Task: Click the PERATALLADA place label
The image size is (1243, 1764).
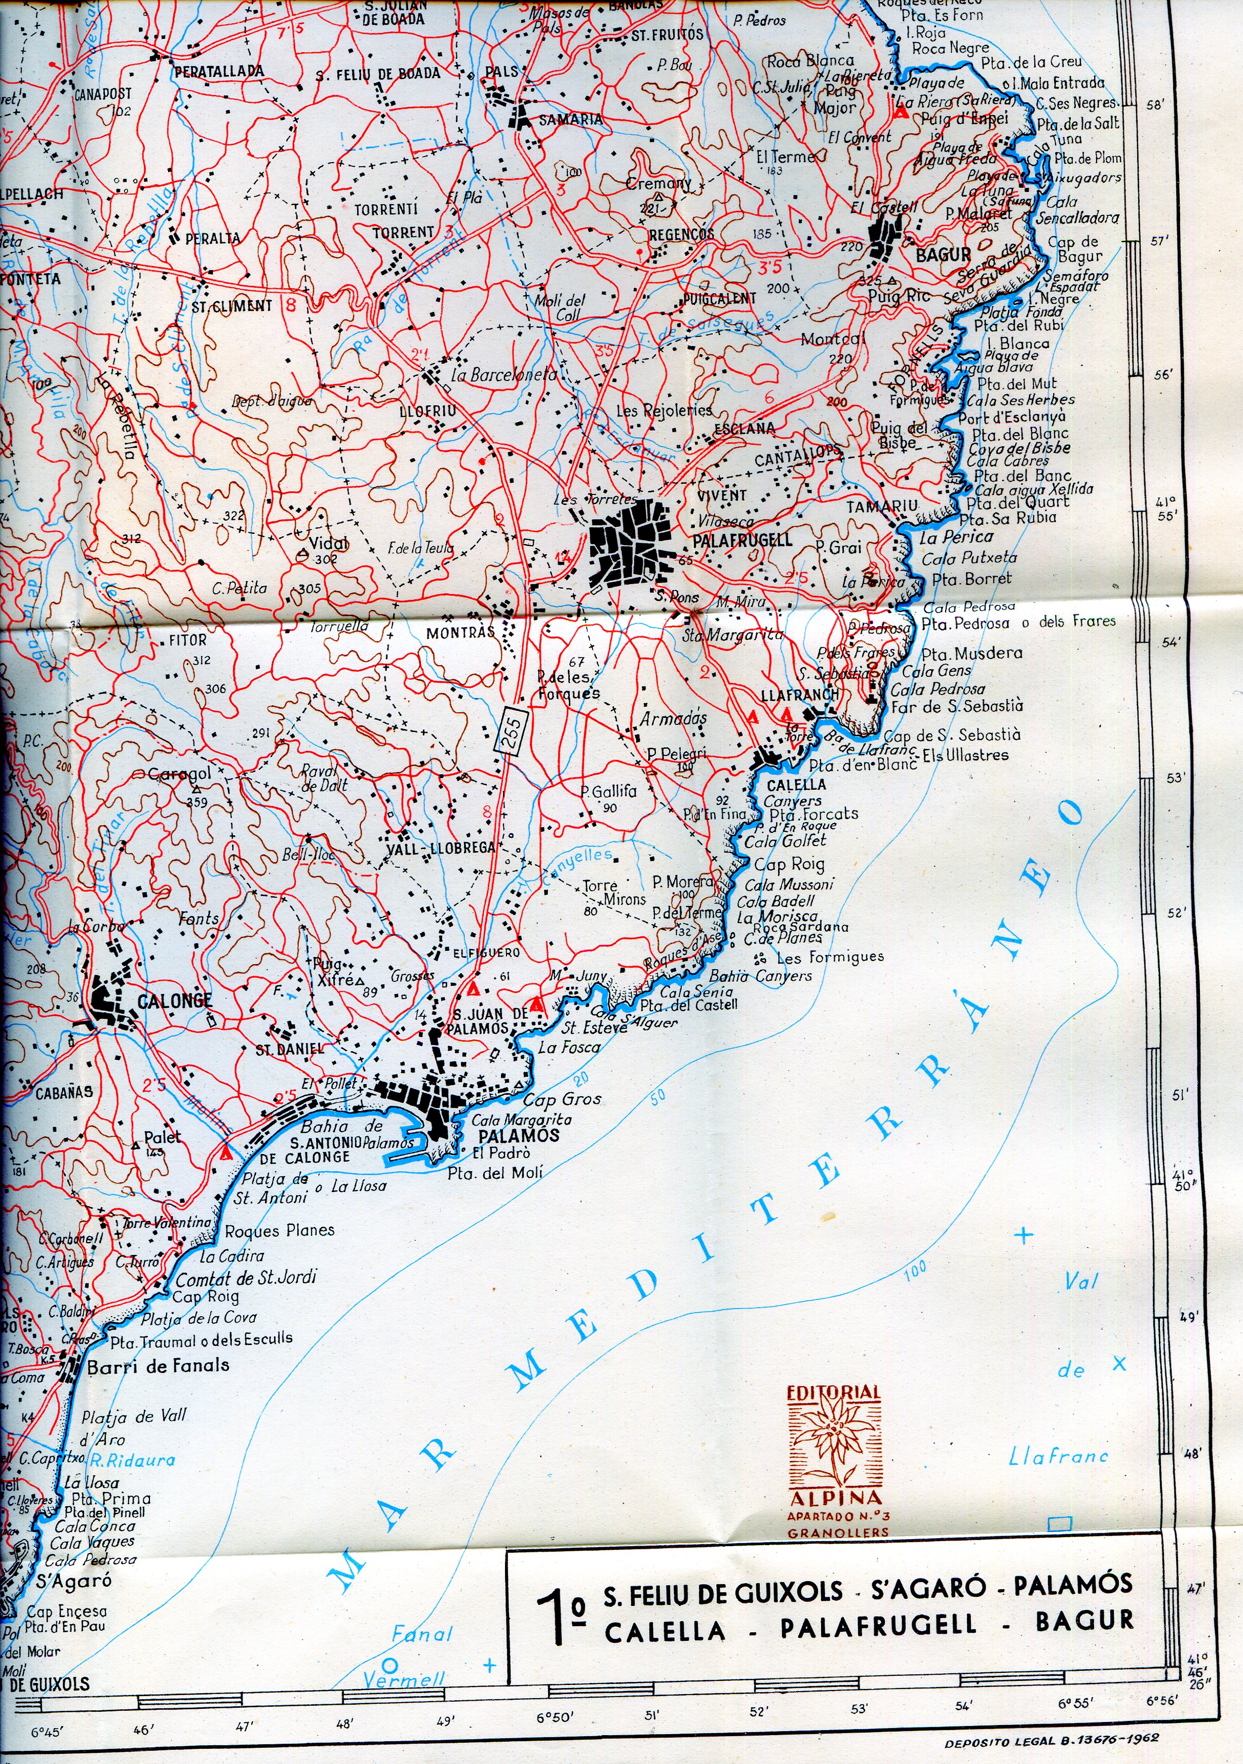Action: click(219, 71)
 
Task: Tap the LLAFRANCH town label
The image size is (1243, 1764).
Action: click(800, 695)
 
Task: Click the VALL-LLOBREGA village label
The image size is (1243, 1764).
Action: click(440, 848)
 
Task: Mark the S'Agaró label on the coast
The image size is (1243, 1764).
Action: click(74, 1581)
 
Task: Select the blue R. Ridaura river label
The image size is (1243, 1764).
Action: click(132, 1461)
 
